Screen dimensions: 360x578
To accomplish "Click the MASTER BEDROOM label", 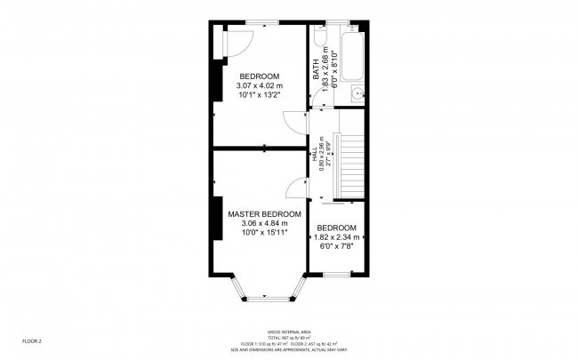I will click(x=264, y=214).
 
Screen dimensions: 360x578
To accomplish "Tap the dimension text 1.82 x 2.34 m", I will click(x=338, y=237).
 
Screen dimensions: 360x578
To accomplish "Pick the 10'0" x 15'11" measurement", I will click(x=264, y=233).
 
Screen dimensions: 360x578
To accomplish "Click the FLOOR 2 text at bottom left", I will click(x=32, y=340).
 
